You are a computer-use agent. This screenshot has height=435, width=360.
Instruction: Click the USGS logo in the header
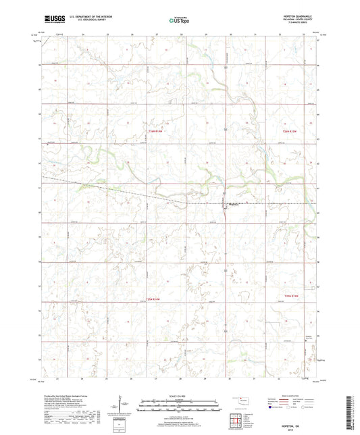tap(50, 20)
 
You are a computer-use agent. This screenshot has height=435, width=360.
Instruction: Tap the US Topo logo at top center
tap(179, 20)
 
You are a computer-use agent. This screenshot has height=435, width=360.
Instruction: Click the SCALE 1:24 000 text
tap(180, 396)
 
